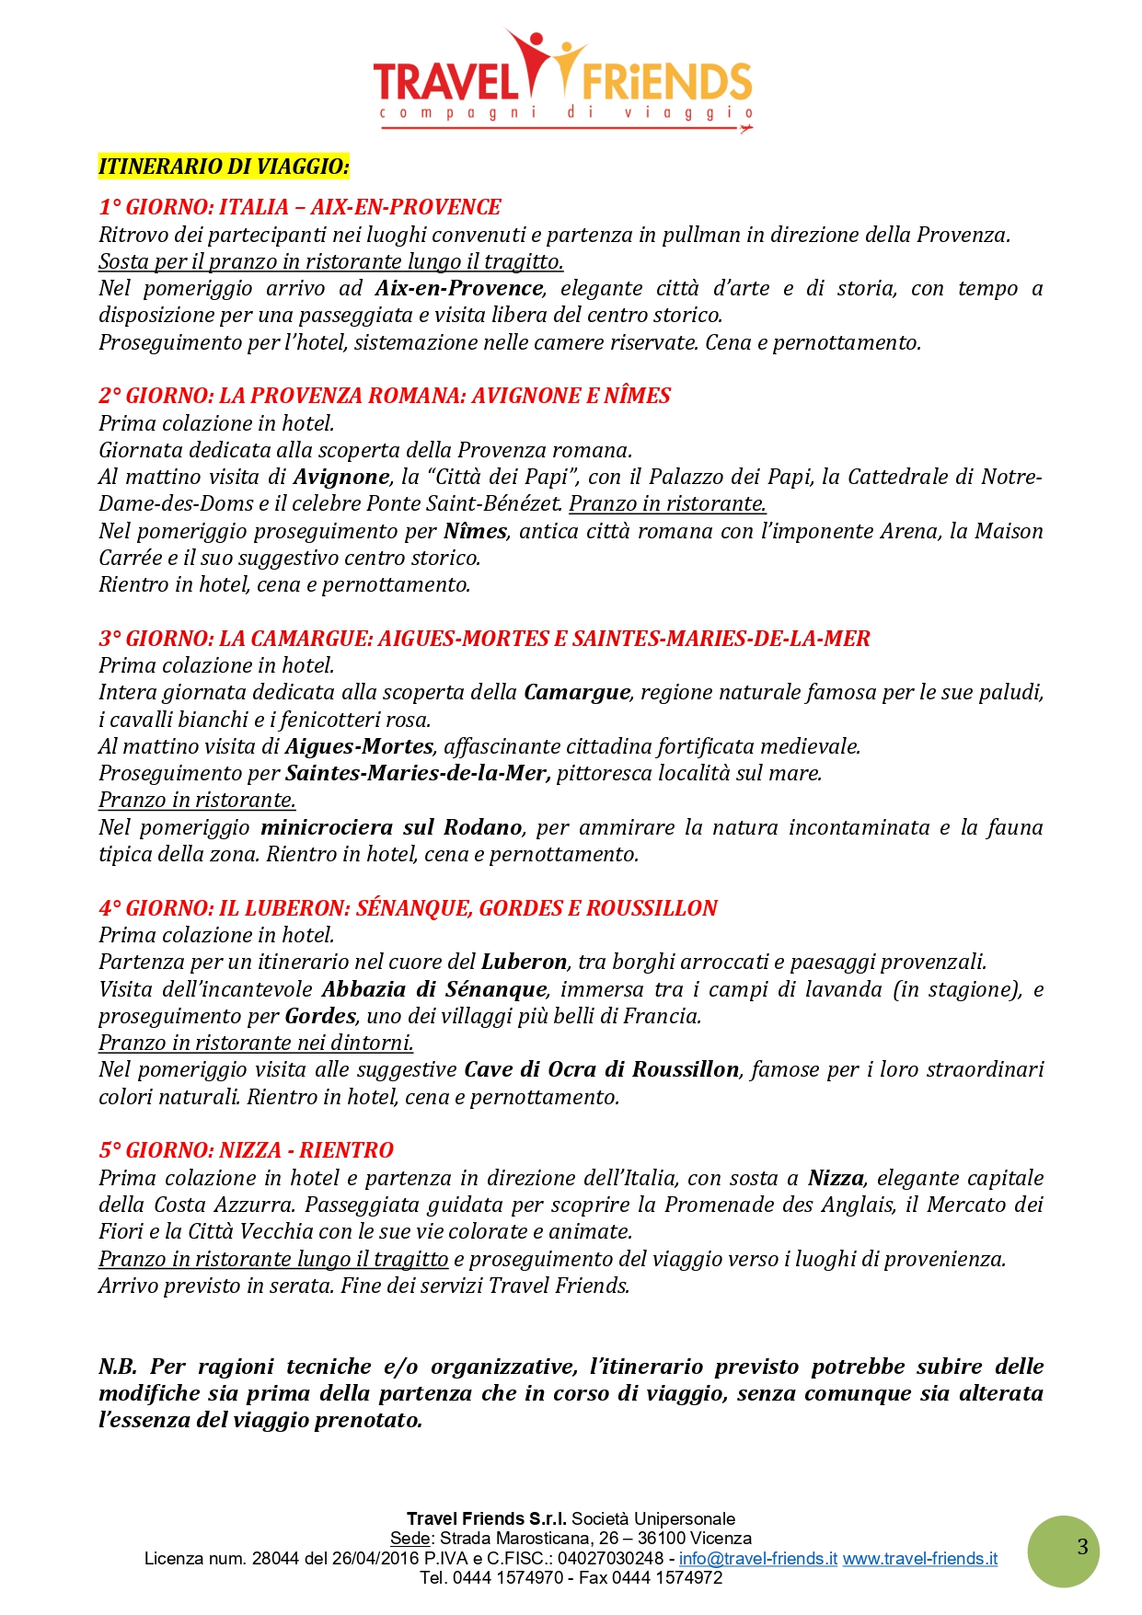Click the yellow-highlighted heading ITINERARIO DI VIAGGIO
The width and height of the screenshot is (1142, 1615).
(x=224, y=167)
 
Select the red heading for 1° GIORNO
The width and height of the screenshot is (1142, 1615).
(x=300, y=207)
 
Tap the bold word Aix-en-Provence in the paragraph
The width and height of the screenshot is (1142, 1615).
(x=459, y=288)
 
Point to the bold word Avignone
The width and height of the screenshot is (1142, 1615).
(x=341, y=477)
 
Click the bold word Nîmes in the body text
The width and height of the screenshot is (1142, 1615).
(x=475, y=531)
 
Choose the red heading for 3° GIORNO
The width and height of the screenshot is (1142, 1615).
(x=484, y=639)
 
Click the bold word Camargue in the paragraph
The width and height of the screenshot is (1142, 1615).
(x=577, y=692)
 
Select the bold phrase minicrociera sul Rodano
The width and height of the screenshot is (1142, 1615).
(x=391, y=827)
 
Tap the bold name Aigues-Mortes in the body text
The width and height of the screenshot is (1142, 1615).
(x=359, y=746)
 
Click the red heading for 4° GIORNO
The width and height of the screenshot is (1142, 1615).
(x=408, y=908)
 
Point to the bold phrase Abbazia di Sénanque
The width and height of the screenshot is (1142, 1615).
(x=434, y=989)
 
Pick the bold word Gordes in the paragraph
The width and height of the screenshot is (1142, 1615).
(x=320, y=1016)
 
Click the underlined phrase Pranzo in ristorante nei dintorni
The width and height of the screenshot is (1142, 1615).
(x=256, y=1043)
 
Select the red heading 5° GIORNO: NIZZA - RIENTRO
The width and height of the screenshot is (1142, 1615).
(x=246, y=1150)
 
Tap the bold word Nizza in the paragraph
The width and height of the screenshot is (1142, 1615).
(x=836, y=1178)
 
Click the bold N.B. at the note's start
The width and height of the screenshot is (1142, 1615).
(x=118, y=1367)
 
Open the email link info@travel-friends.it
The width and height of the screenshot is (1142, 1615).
(x=757, y=1559)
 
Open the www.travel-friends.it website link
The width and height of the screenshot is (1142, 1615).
(x=919, y=1559)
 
